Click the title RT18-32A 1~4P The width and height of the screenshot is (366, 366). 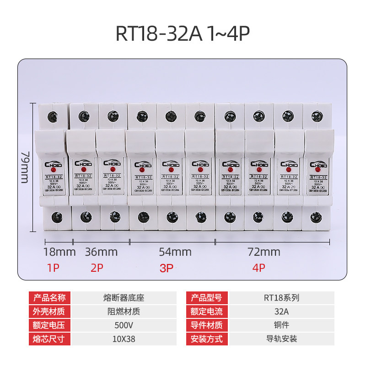click(x=183, y=34)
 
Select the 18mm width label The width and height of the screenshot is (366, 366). click(x=59, y=252)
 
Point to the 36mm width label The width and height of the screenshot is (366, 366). click(x=101, y=252)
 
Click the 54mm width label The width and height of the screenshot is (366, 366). click(x=175, y=252)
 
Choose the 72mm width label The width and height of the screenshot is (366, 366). click(x=264, y=252)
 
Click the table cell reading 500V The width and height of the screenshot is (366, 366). click(x=124, y=325)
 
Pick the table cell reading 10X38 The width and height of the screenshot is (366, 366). click(x=124, y=339)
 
